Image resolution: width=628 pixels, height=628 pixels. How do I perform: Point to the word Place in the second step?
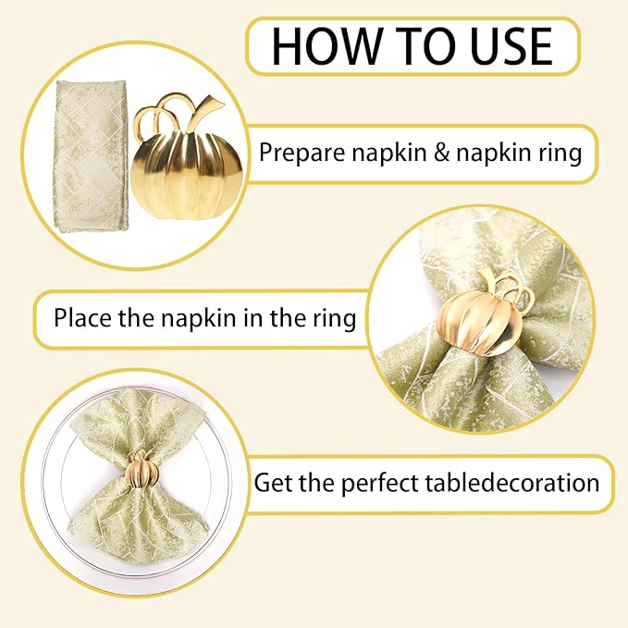(81, 319)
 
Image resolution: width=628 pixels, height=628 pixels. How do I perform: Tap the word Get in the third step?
(275, 483)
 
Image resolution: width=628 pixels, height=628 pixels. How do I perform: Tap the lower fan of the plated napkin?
(138, 523)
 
